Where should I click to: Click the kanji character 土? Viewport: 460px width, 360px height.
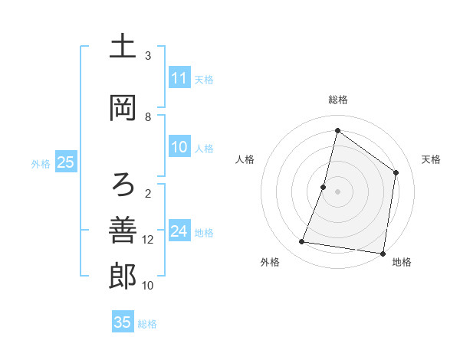click(123, 47)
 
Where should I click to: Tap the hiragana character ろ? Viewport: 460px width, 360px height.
click(123, 184)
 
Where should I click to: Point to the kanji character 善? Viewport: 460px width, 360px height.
click(123, 230)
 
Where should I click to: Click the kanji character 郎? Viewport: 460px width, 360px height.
click(123, 277)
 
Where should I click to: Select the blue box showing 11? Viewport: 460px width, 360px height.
click(179, 78)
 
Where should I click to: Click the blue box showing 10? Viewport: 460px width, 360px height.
click(179, 147)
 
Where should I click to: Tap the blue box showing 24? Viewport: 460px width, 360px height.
click(179, 231)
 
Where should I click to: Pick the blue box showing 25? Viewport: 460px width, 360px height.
click(65, 162)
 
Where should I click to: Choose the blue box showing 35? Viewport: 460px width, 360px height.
click(123, 322)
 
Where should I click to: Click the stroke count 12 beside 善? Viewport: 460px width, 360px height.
click(148, 240)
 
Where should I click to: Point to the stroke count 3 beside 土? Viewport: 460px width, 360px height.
click(148, 56)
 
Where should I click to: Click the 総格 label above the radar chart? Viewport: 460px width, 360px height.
click(338, 100)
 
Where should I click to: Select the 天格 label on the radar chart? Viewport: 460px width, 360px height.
click(432, 159)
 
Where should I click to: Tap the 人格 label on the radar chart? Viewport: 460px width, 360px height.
click(245, 159)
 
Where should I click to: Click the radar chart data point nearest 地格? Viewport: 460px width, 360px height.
click(383, 253)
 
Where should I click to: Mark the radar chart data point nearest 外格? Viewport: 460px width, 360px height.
click(302, 242)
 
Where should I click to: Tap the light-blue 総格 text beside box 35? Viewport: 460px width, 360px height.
click(147, 324)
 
